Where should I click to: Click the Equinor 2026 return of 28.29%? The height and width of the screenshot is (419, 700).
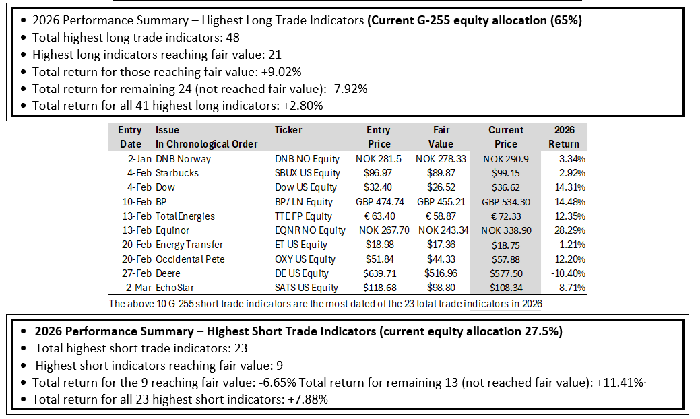(570, 230)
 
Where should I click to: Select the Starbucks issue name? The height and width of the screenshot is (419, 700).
(177, 172)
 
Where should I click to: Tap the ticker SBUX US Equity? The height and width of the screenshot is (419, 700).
(307, 173)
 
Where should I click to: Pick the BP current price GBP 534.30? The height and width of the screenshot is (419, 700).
(506, 201)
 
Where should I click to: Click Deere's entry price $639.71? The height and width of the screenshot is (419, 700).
(379, 273)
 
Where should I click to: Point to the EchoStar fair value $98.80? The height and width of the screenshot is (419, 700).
(441, 288)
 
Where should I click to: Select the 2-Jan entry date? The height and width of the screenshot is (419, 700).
(139, 158)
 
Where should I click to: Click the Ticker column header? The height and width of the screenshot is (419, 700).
(288, 130)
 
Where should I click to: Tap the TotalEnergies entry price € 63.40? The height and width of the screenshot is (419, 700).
(379, 216)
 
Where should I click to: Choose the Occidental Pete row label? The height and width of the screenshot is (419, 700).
(190, 259)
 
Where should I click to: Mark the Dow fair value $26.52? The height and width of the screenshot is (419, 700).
(441, 187)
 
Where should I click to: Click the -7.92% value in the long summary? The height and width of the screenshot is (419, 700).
(348, 89)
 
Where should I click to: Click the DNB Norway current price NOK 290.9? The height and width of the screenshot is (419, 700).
(506, 158)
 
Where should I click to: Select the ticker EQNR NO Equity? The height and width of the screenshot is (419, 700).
(310, 230)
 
